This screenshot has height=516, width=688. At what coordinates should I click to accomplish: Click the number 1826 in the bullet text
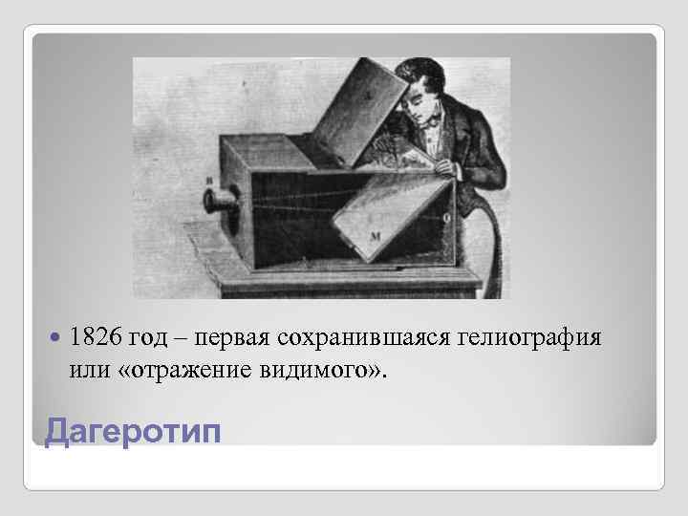[95, 337]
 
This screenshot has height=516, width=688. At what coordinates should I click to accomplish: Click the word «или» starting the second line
[88, 368]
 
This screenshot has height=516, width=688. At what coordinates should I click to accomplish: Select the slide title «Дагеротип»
[132, 431]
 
